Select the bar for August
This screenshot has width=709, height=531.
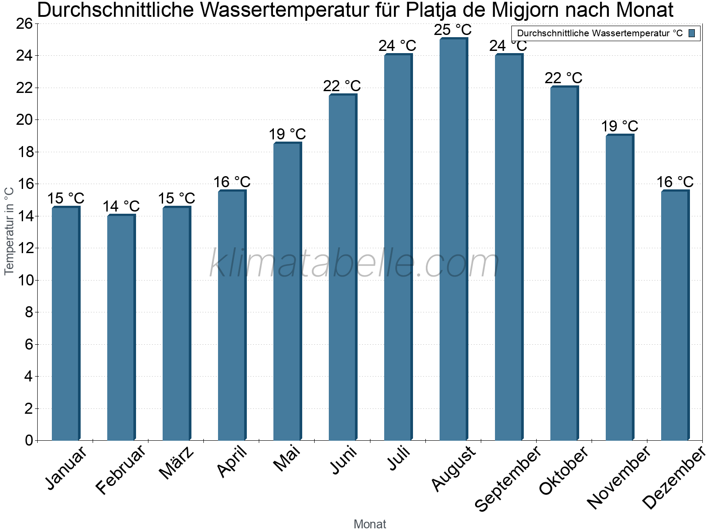click(453, 239)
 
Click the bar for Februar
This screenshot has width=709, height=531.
click(121, 327)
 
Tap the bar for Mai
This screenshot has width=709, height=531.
click(287, 292)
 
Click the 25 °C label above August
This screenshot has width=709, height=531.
click(453, 30)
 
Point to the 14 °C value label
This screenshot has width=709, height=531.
click(121, 206)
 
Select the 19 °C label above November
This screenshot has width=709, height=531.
click(619, 126)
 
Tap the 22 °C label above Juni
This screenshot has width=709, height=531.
click(342, 86)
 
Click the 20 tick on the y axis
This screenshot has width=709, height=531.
click(24, 120)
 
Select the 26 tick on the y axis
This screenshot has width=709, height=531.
click(24, 24)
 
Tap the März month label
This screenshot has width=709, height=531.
click(176, 463)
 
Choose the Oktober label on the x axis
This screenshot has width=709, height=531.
click(564, 471)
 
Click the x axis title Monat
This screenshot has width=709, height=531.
click(370, 524)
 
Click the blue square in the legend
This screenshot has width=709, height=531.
click(692, 33)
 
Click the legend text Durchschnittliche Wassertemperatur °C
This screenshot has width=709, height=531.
click(600, 33)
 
